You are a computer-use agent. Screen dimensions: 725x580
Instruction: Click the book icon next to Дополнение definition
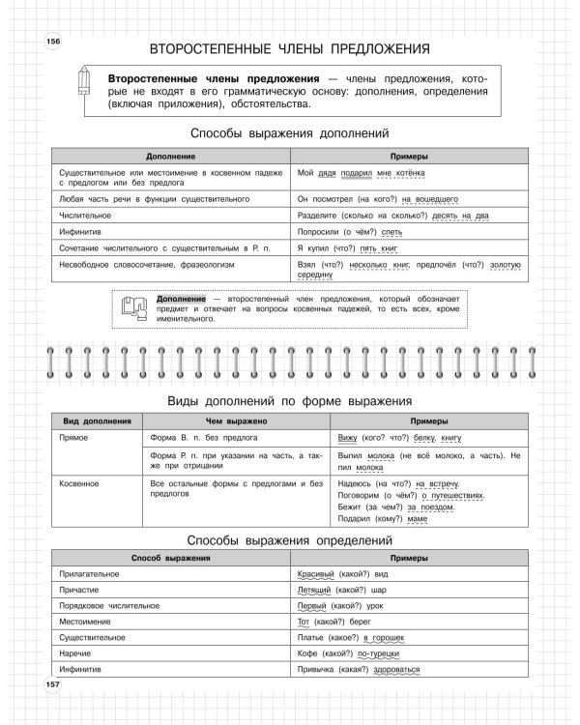point(137,307)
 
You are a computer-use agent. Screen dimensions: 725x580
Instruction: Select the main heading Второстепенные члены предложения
point(290,48)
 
